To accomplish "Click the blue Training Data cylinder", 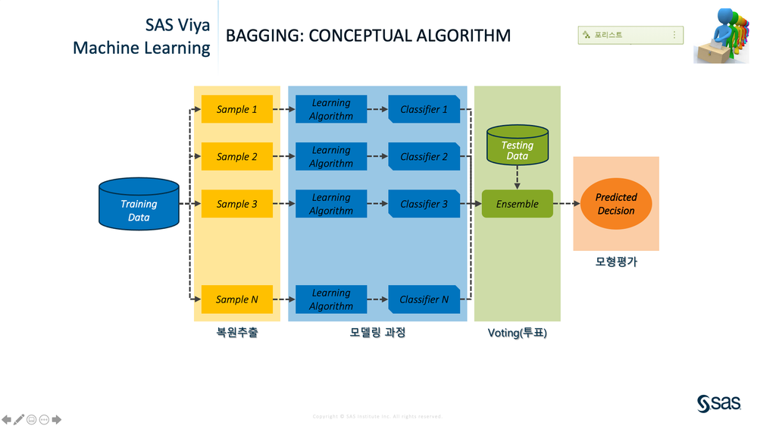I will (x=139, y=204).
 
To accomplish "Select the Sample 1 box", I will (x=236, y=109).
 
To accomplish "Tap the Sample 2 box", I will (x=236, y=157).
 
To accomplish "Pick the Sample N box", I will (x=236, y=299).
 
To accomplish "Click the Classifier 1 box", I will (x=424, y=109).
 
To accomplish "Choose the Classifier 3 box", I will (x=424, y=204).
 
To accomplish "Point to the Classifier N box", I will (x=424, y=299).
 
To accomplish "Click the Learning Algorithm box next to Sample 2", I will (x=331, y=157).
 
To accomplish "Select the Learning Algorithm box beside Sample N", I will (x=331, y=299).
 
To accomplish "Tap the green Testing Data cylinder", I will (x=517, y=146).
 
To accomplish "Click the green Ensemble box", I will (x=517, y=204).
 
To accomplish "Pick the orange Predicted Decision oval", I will (x=616, y=204).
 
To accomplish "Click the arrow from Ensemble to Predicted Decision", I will (x=567, y=204).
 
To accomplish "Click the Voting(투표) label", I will (x=517, y=333).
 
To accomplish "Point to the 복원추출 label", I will (x=236, y=332).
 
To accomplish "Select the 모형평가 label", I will (x=616, y=262).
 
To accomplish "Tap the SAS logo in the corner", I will (x=718, y=404).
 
